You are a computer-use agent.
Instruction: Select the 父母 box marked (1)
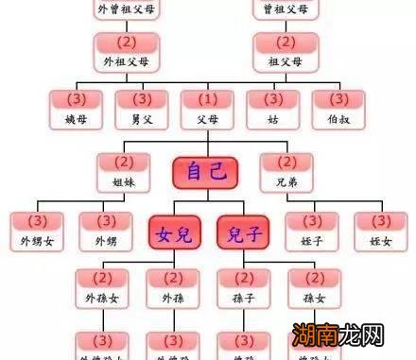(206, 109)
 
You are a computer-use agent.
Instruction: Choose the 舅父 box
(141, 109)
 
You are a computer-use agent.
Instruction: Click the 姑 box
(273, 109)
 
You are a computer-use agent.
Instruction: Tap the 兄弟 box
(287, 170)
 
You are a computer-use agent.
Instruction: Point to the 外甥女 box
(37, 231)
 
